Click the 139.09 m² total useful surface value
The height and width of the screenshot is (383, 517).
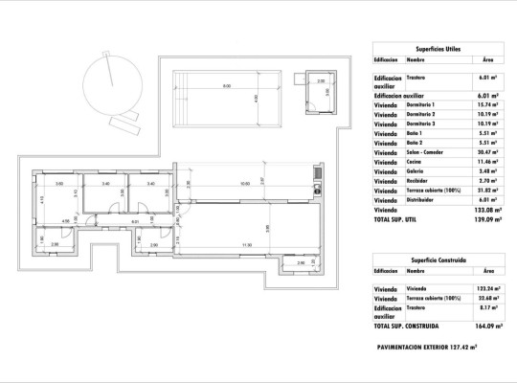(483, 219)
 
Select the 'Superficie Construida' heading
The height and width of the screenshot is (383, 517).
(438, 259)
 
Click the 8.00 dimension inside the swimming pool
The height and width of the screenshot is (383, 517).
(227, 87)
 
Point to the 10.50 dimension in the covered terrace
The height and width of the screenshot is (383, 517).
(244, 183)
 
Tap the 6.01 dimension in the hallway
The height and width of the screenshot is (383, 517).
(135, 221)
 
